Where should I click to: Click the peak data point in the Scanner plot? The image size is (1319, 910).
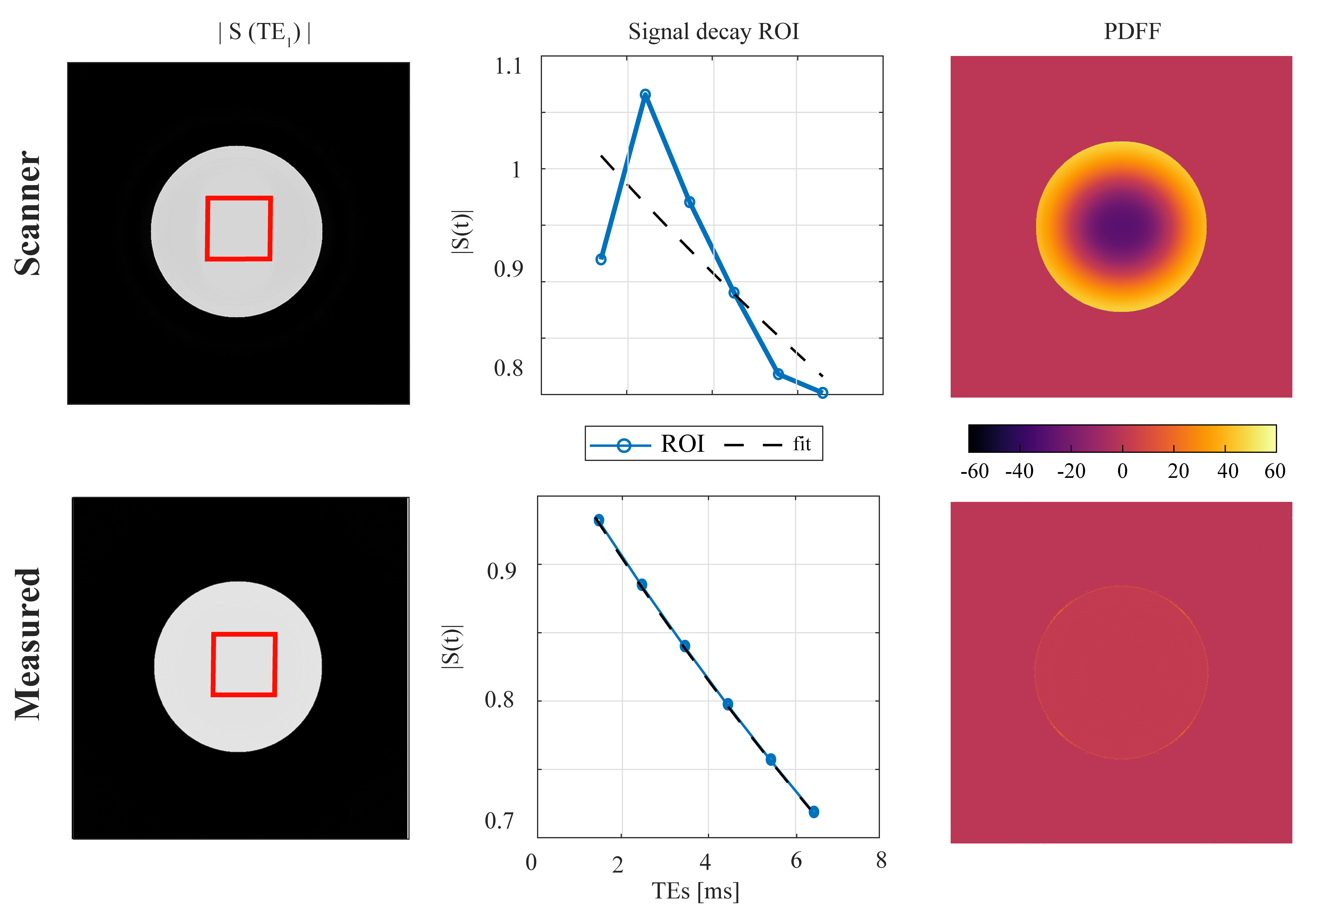[645, 95]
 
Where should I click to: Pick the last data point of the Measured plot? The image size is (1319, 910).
[814, 811]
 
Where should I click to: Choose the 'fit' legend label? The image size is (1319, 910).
[801, 444]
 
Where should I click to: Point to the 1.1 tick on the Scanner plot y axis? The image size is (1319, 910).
[508, 67]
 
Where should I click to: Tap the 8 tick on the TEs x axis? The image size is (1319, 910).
[881, 860]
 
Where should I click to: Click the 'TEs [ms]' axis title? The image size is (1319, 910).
[695, 891]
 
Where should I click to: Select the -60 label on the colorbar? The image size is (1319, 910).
[975, 471]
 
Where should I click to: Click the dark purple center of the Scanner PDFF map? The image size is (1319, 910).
[1121, 227]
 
